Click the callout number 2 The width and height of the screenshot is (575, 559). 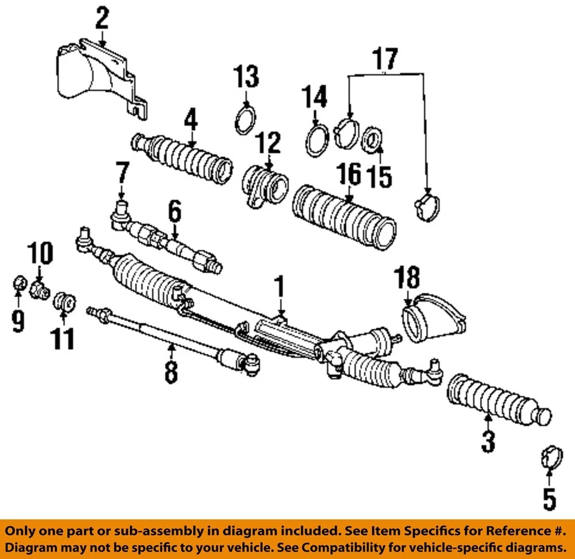point(102,19)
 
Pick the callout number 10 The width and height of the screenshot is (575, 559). point(40,253)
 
